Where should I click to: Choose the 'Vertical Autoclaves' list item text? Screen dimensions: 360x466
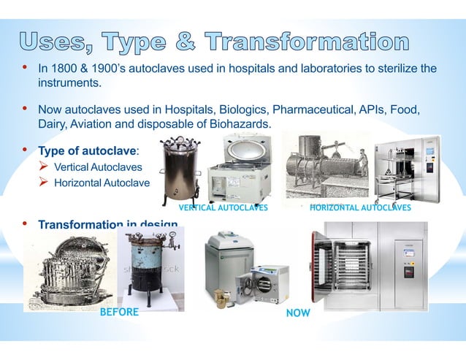click(x=98, y=168)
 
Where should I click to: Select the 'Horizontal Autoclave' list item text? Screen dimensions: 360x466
click(x=102, y=183)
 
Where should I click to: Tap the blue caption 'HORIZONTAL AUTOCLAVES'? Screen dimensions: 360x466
click(x=360, y=208)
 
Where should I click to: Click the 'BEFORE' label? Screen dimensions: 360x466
click(x=118, y=313)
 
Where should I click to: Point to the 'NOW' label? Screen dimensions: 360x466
click(x=297, y=313)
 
